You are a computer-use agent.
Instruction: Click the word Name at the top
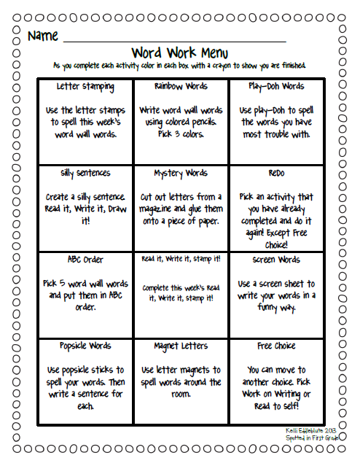point(42,36)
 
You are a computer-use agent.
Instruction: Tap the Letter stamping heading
point(85,87)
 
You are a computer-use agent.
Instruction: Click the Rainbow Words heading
point(180,87)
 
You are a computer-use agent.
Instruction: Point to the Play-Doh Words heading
point(271,87)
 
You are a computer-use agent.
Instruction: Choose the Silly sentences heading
point(85,174)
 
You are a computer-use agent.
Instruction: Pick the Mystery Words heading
point(180,174)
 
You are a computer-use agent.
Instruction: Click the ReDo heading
point(271,174)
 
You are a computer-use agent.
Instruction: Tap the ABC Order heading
point(85,260)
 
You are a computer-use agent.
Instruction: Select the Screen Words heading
point(271,260)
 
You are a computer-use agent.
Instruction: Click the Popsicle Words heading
point(85,346)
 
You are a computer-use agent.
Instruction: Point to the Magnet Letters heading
point(180,346)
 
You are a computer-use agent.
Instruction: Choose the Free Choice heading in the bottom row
point(271,346)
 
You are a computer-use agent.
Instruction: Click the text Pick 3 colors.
point(180,135)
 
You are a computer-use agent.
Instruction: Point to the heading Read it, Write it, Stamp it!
point(180,259)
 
